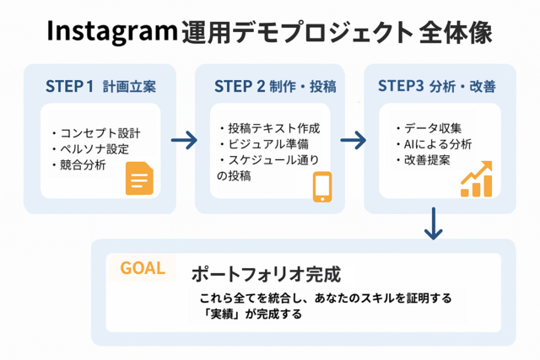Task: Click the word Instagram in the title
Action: pyautogui.click(x=112, y=32)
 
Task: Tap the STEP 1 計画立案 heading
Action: pyautogui.click(x=100, y=86)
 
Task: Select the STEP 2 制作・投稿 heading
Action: pyautogui.click(x=275, y=86)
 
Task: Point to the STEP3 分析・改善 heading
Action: pyautogui.click(x=437, y=86)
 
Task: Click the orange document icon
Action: pyautogui.click(x=139, y=178)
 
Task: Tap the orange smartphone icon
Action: pyautogui.click(x=322, y=187)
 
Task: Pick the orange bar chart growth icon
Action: pyautogui.click(x=477, y=179)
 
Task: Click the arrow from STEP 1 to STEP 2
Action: pyautogui.click(x=184, y=140)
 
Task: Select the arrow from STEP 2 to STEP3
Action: pyautogui.click(x=354, y=140)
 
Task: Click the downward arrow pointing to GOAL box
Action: pyautogui.click(x=433, y=223)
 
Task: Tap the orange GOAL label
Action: pyautogui.click(x=143, y=268)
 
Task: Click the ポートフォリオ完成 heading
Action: pyautogui.click(x=267, y=274)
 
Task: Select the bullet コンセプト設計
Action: pyautogui.click(x=96, y=133)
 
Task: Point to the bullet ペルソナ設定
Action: pyautogui.click(x=90, y=149)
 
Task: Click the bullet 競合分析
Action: pyautogui.click(x=78, y=165)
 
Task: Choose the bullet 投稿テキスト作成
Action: pyautogui.click(x=270, y=128)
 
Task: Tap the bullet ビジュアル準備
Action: pyautogui.click(x=264, y=144)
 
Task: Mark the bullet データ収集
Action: pyautogui.click(x=429, y=128)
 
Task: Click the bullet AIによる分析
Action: pyautogui.click(x=434, y=144)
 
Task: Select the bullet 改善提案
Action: pyautogui.click(x=423, y=160)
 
